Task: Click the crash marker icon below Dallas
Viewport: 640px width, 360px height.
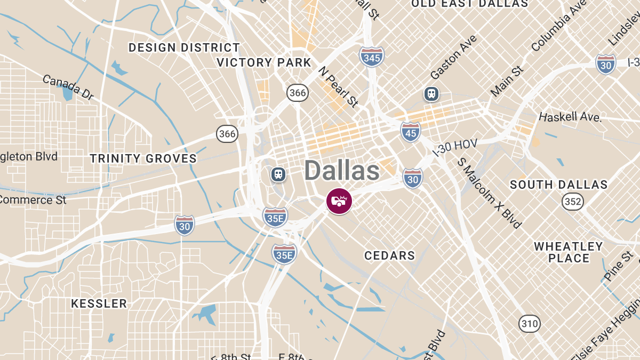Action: click(339, 202)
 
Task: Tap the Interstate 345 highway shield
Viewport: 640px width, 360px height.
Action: click(371, 57)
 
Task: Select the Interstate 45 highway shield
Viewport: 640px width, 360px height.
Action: click(411, 132)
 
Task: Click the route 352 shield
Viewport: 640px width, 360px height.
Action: click(572, 202)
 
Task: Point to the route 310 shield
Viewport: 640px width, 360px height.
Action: click(529, 323)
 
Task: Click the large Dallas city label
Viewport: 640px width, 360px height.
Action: click(342, 171)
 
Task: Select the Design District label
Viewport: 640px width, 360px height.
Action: click(185, 47)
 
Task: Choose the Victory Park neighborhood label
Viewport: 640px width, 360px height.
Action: click(264, 62)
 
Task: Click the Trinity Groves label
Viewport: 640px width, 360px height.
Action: click(143, 158)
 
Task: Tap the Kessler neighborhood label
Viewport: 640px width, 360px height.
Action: click(99, 304)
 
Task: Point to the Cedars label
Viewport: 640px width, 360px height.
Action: click(389, 255)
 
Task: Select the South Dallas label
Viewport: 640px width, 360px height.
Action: click(558, 185)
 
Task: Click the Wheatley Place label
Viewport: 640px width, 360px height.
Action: click(569, 252)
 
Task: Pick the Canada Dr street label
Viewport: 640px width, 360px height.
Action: click(68, 87)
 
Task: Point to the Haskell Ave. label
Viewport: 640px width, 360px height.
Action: click(570, 116)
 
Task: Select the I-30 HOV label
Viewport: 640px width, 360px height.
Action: click(454, 147)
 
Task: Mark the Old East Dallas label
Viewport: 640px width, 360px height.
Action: click(469, 4)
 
